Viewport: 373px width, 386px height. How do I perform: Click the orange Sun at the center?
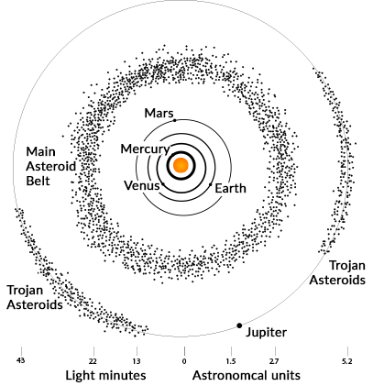(x=181, y=165)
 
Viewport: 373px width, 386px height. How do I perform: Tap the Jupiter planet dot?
(x=239, y=325)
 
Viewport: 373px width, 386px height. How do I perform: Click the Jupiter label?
(x=267, y=333)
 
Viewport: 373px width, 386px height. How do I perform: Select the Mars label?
(x=159, y=113)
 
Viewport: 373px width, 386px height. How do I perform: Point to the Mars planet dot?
(x=175, y=120)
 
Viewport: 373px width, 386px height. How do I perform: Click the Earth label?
(x=230, y=188)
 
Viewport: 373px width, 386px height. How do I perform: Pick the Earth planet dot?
(x=211, y=184)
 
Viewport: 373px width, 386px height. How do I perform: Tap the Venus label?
(x=142, y=185)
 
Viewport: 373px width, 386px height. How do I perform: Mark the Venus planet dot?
(x=163, y=183)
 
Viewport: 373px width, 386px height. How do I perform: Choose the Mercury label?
(x=145, y=149)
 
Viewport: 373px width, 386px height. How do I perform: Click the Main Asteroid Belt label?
(x=50, y=166)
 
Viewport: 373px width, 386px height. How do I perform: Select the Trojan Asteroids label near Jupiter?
(x=337, y=272)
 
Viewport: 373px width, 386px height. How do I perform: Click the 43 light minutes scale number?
(x=21, y=360)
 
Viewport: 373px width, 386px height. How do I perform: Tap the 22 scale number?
(x=93, y=361)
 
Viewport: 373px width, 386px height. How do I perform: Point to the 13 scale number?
(x=137, y=361)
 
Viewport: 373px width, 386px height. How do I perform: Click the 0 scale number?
(x=184, y=361)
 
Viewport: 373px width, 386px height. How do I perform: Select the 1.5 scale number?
(x=231, y=361)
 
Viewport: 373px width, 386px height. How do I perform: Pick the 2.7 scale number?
(x=274, y=361)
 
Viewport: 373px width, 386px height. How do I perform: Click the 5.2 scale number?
(x=347, y=361)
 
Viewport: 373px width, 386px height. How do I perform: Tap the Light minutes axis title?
(x=105, y=375)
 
